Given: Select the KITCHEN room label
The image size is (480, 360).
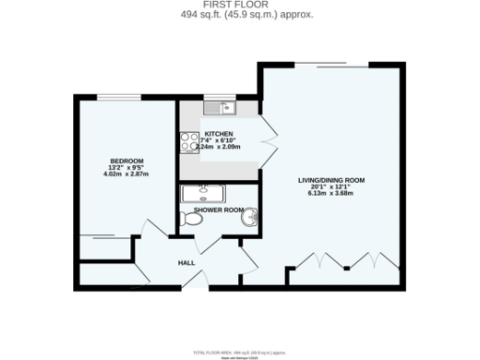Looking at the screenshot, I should [x=218, y=133].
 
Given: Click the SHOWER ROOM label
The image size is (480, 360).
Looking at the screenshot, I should [x=219, y=210].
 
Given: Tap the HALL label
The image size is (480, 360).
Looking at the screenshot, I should [x=187, y=262].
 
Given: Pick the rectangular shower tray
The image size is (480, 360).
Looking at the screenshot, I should [x=205, y=194].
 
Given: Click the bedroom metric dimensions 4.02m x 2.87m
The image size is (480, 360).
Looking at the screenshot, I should [x=127, y=174].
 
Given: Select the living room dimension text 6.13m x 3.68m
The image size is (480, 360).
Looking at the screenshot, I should [x=331, y=194].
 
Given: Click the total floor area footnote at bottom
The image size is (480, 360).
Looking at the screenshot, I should [x=239, y=351].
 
